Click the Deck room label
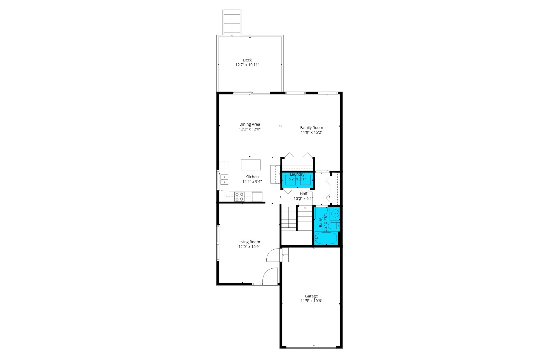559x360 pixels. [x=247, y=60]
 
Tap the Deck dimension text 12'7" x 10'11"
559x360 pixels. [x=247, y=65]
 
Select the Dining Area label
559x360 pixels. [x=250, y=124]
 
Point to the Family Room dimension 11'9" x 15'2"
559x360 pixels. [x=311, y=132]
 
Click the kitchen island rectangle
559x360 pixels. [x=251, y=165]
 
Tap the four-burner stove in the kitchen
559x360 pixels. [x=239, y=197]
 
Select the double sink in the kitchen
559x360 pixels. [x=224, y=179]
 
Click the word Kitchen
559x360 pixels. [x=252, y=177]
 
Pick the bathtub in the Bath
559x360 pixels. [x=326, y=238]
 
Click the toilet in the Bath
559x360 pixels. [x=334, y=225]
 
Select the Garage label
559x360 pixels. [x=311, y=296]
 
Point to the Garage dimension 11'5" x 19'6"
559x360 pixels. [x=311, y=301]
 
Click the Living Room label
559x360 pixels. [x=249, y=242]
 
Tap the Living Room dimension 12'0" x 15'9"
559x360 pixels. [x=249, y=247]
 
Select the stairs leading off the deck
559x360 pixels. [x=232, y=23]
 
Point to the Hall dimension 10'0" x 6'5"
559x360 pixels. [x=303, y=199]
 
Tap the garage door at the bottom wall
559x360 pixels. [x=311, y=347]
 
